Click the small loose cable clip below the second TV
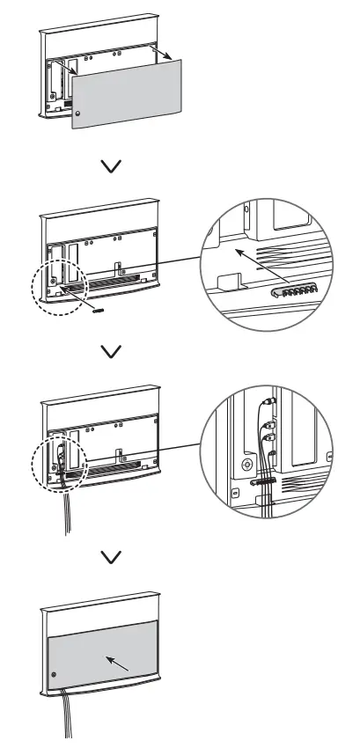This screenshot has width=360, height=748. (x=99, y=309)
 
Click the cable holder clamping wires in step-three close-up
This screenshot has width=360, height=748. (x=264, y=481)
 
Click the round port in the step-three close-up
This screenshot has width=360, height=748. (x=246, y=463)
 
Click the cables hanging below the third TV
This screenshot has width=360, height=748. (x=63, y=519)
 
